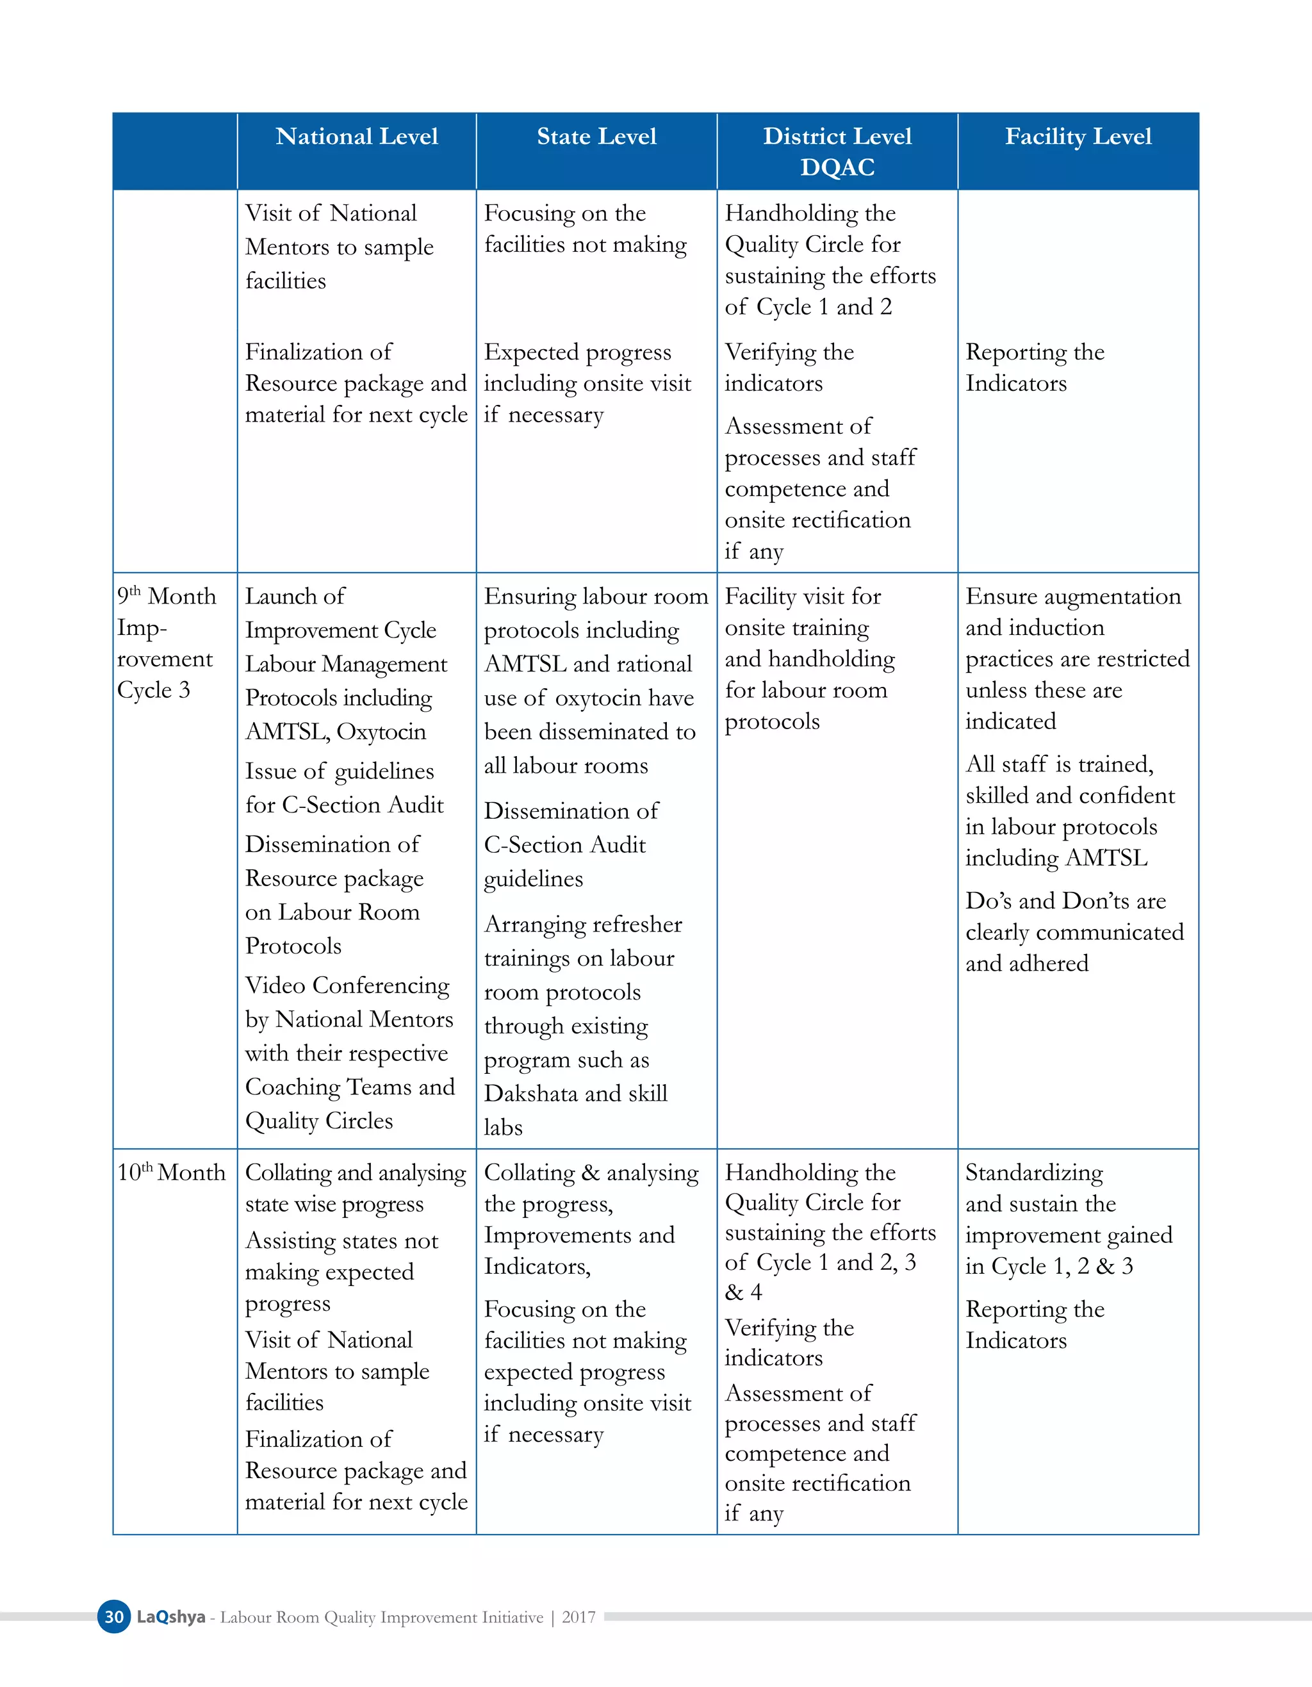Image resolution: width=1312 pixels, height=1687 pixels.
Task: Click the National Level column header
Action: click(357, 136)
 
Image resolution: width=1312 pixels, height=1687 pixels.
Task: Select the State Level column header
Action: click(596, 136)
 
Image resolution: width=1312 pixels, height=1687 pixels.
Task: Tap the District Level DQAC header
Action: click(837, 151)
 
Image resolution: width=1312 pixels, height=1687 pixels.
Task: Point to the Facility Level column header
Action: click(1078, 136)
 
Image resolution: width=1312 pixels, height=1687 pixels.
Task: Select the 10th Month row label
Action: click(170, 1173)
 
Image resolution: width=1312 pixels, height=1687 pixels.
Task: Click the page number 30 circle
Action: click(114, 1617)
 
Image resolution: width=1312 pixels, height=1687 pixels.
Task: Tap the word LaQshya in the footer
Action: click(170, 1617)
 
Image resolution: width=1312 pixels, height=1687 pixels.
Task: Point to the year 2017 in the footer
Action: click(578, 1617)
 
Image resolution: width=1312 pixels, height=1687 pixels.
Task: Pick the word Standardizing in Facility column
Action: click(1034, 1173)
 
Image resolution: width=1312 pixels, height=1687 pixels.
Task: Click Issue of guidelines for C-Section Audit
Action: click(343, 788)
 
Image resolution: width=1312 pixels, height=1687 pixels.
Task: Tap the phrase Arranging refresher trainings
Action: click(582, 941)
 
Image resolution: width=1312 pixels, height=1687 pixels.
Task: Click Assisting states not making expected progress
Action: click(341, 1271)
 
